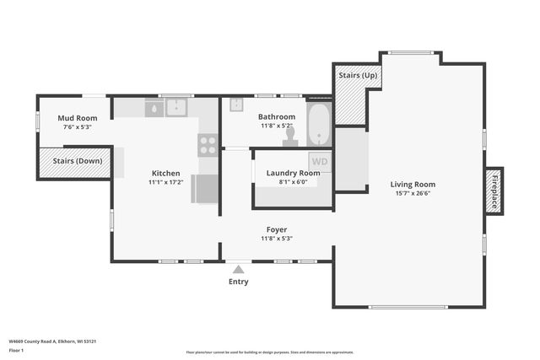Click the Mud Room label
[x=77, y=118]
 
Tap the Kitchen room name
[x=165, y=173]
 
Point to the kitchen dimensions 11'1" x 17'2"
[x=165, y=182]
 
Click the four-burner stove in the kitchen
[x=208, y=145]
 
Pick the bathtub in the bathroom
[x=320, y=124]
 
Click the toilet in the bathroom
[x=290, y=137]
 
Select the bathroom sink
[x=236, y=105]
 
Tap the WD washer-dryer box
[x=320, y=161]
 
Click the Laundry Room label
[x=293, y=172]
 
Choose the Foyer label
[x=277, y=229]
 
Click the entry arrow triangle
[x=239, y=270]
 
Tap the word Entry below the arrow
[x=239, y=282]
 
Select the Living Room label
[x=413, y=184]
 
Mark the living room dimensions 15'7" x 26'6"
[x=413, y=193]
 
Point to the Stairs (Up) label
[x=359, y=76]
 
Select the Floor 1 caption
[x=16, y=349]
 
